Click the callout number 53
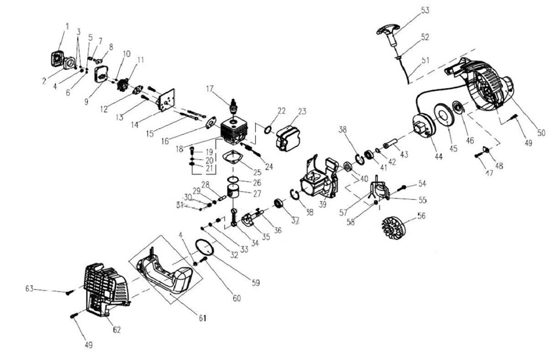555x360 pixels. click(426, 10)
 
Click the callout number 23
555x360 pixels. click(301, 111)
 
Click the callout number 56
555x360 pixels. click(422, 216)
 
